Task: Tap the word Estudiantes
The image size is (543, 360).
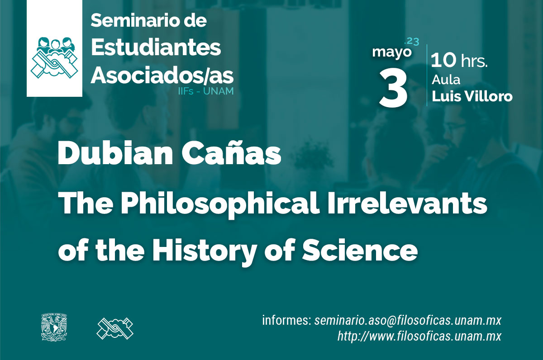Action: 156,47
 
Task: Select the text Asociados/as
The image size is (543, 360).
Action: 162,76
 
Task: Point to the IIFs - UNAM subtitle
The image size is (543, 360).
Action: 206,91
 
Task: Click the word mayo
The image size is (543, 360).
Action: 392,52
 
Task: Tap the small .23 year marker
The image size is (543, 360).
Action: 411,42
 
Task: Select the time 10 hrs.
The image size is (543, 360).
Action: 459,60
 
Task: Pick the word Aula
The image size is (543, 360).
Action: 446,80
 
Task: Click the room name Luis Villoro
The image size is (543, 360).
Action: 472,96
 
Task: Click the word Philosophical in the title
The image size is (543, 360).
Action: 219,204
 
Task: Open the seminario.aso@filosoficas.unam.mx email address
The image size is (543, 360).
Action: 408,320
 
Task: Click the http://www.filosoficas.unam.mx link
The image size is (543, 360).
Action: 419,336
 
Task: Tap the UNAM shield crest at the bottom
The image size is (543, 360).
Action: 54,327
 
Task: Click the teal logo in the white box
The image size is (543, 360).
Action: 54,57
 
